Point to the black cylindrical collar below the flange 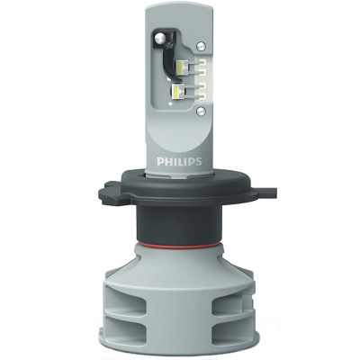(180, 220)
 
